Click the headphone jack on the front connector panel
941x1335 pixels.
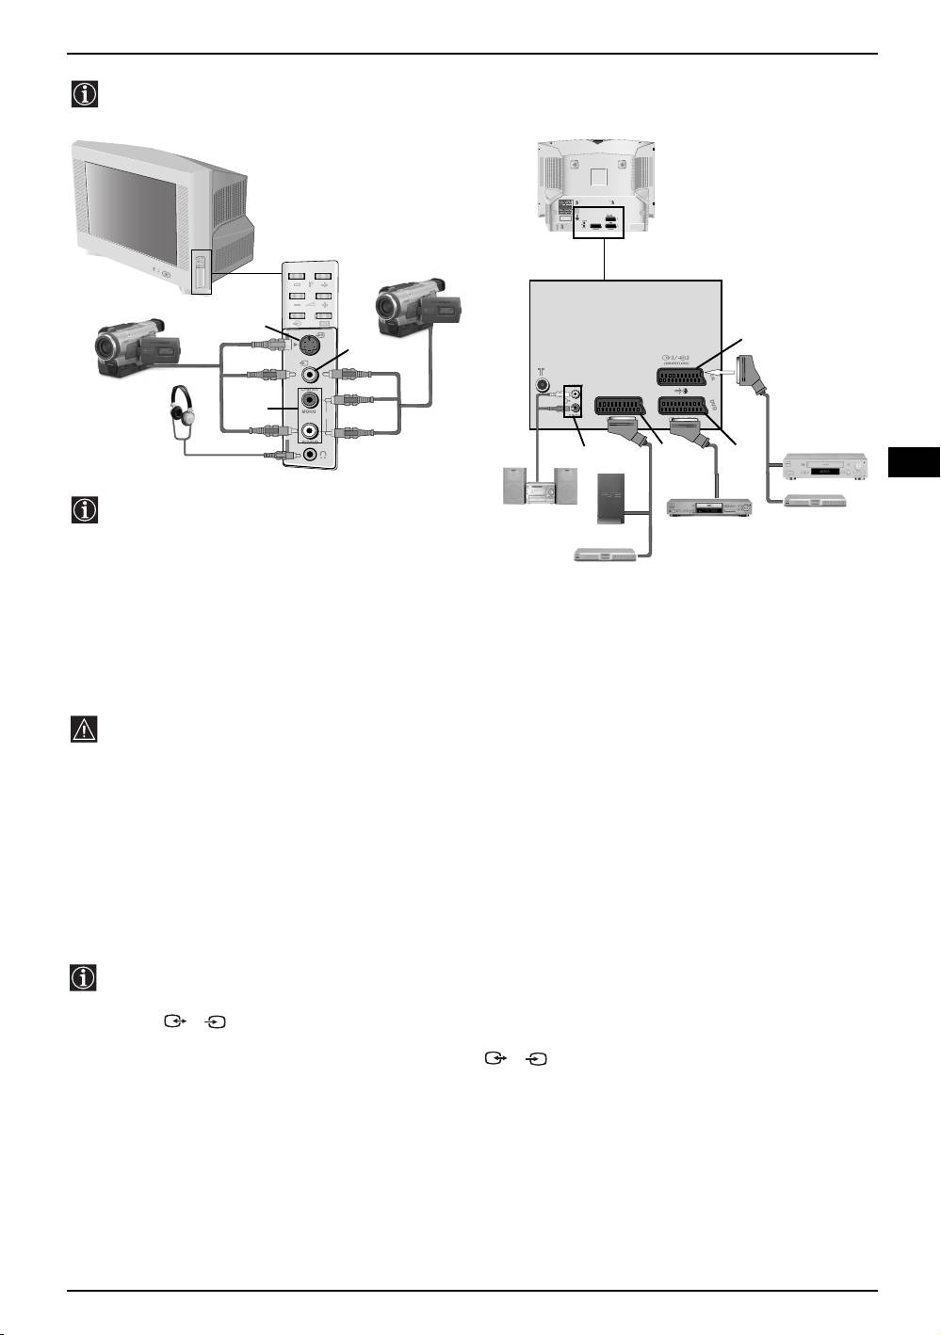pyautogui.click(x=311, y=455)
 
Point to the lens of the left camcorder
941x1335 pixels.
pyautogui.click(x=106, y=348)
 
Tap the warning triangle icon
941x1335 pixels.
pyautogui.click(x=85, y=731)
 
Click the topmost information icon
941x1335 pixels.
pyautogui.click(x=85, y=94)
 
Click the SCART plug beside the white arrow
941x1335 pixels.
pyautogui.click(x=755, y=372)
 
